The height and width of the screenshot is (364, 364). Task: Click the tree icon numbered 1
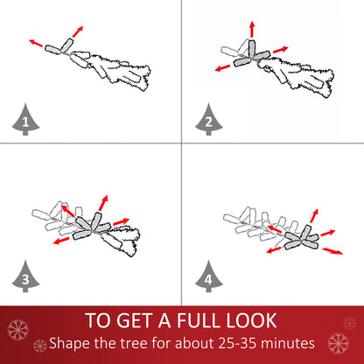click(x=25, y=120)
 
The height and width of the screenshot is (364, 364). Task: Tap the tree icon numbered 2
click(x=209, y=120)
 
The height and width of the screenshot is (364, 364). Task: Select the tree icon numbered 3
click(x=25, y=276)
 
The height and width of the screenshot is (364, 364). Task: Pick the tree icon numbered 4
click(x=209, y=276)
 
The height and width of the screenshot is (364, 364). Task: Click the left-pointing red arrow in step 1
click(x=36, y=43)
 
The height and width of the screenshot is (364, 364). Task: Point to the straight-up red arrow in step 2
click(x=252, y=29)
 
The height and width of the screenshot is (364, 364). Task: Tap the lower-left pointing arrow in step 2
click(x=222, y=67)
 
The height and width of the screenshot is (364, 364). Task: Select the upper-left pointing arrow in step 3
click(x=67, y=211)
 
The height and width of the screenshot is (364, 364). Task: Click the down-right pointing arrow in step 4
click(x=332, y=251)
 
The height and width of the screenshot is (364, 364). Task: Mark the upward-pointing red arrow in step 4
click(x=314, y=216)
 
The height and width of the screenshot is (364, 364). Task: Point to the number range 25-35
click(x=237, y=343)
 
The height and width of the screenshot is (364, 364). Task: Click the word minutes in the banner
click(x=288, y=343)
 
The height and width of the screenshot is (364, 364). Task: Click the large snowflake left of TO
click(x=17, y=330)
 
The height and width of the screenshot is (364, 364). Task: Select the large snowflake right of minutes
click(x=339, y=343)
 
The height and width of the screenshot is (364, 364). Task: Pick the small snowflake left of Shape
click(x=40, y=346)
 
